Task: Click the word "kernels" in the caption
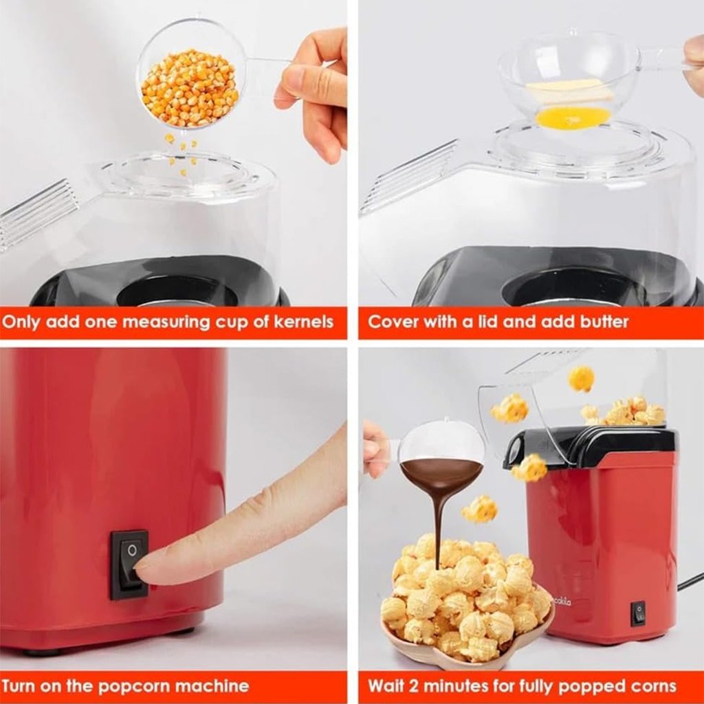303,322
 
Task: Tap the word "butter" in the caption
604,322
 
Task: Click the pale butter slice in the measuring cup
570,91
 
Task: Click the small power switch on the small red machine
638,613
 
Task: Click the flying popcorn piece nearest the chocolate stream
479,509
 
